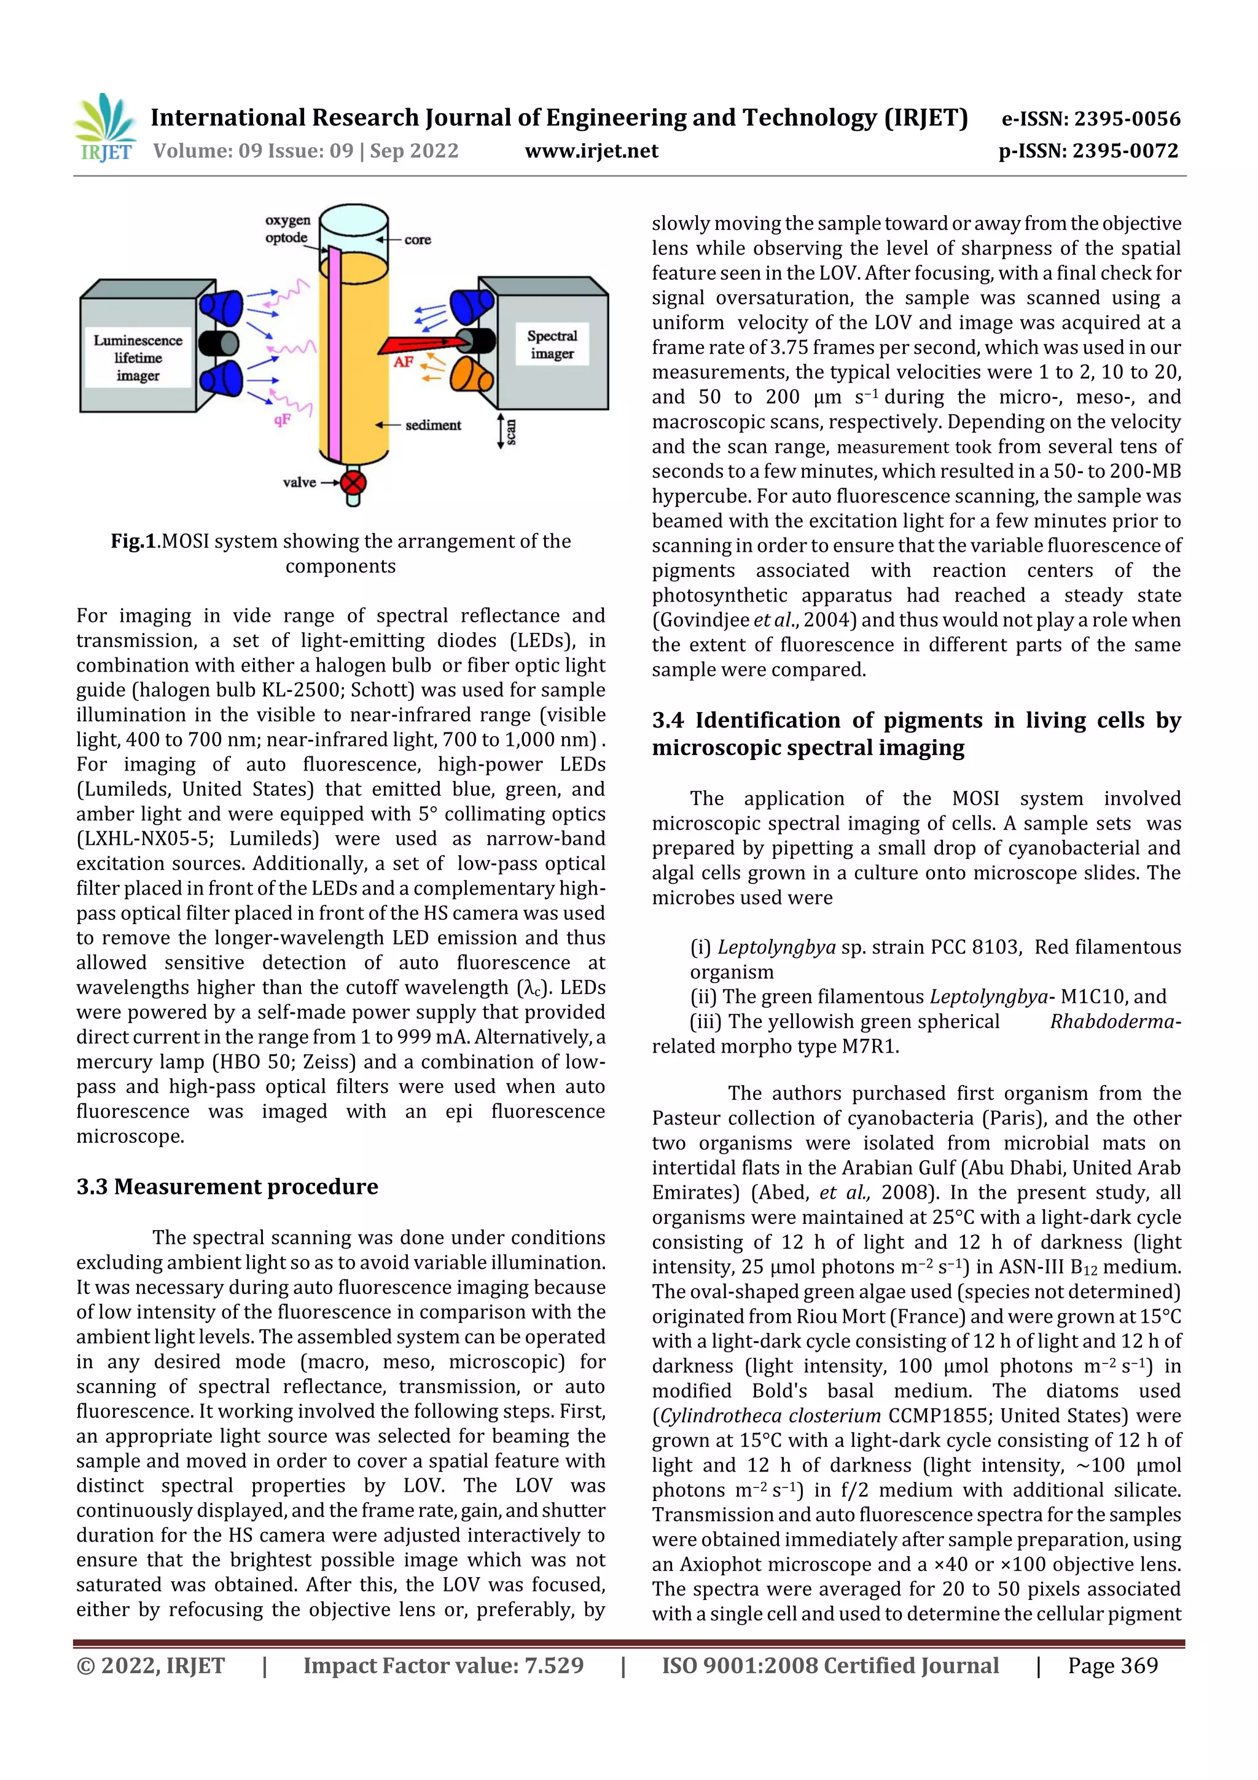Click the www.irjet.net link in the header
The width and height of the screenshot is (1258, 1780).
[x=592, y=151]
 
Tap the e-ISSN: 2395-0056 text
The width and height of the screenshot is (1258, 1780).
[x=1090, y=119]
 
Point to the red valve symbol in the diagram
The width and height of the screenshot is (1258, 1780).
[x=353, y=483]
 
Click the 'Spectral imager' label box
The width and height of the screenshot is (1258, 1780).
[x=552, y=344]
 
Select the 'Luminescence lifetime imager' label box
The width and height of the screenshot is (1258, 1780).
[x=138, y=358]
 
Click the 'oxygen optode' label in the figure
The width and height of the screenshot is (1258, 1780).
[x=287, y=229]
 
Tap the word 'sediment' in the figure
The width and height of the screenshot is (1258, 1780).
[x=432, y=425]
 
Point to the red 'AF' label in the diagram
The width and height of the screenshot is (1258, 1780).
[x=403, y=362]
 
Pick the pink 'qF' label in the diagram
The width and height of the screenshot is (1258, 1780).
[x=282, y=420]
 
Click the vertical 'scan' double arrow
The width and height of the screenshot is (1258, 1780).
[x=500, y=431]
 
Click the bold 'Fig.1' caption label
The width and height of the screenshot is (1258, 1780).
[x=133, y=541]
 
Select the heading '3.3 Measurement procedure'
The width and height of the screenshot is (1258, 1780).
[x=227, y=1187]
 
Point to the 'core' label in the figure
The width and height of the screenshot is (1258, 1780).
[x=417, y=240]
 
